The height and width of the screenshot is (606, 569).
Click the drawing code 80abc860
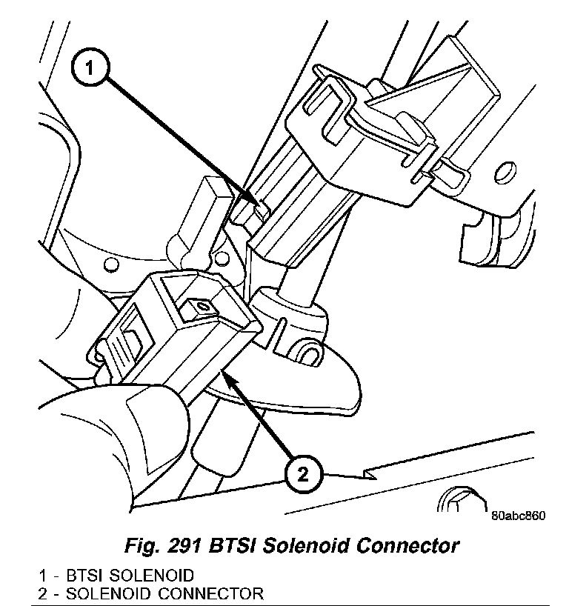pyautogui.click(x=517, y=516)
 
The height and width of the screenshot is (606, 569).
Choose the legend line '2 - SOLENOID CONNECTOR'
pyautogui.click(x=151, y=593)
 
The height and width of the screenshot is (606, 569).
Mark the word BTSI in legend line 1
pyautogui.click(x=84, y=576)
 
